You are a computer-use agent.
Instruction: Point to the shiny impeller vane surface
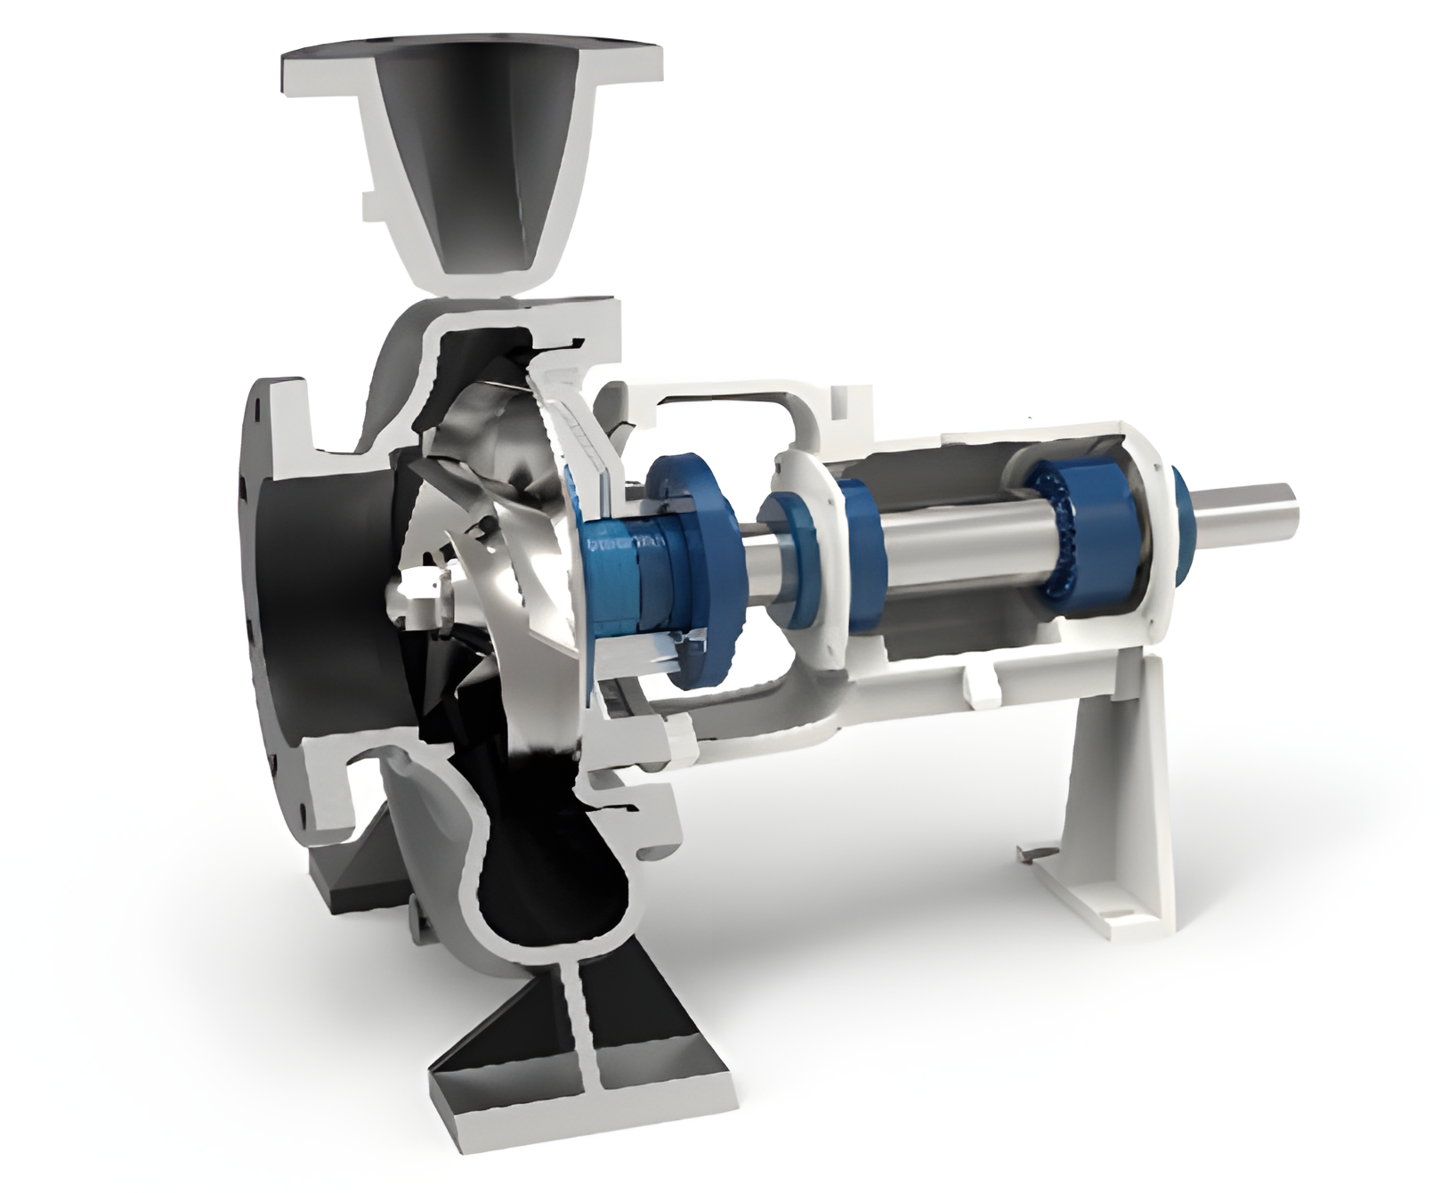pyautogui.click(x=498, y=463)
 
